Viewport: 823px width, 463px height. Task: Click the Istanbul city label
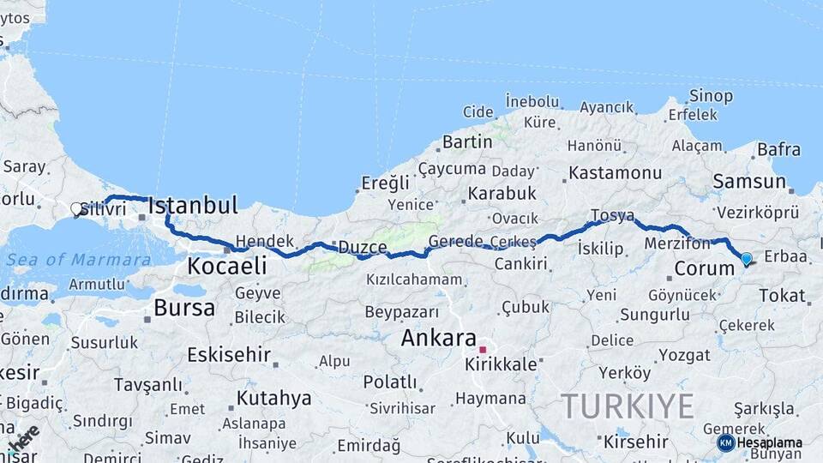click(x=192, y=206)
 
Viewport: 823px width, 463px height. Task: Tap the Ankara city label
click(x=438, y=338)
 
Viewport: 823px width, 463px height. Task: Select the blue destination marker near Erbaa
click(x=746, y=258)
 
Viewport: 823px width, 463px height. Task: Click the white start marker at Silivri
click(x=76, y=208)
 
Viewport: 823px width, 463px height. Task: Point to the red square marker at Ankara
click(x=483, y=350)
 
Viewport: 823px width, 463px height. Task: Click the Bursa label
click(x=184, y=308)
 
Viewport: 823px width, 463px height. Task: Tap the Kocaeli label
click(x=226, y=266)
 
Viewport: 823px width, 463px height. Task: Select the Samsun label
click(x=748, y=182)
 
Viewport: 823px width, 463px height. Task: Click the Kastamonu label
click(x=616, y=173)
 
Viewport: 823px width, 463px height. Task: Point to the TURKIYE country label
click(x=627, y=406)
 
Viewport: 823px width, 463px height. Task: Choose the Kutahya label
click(x=273, y=398)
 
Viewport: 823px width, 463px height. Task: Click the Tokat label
click(x=782, y=296)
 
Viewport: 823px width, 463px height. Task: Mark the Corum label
click(x=705, y=268)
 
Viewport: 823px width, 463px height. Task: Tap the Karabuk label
click(x=502, y=194)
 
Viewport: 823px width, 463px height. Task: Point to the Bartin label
click(x=467, y=141)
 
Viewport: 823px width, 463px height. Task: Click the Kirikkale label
click(x=501, y=364)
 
